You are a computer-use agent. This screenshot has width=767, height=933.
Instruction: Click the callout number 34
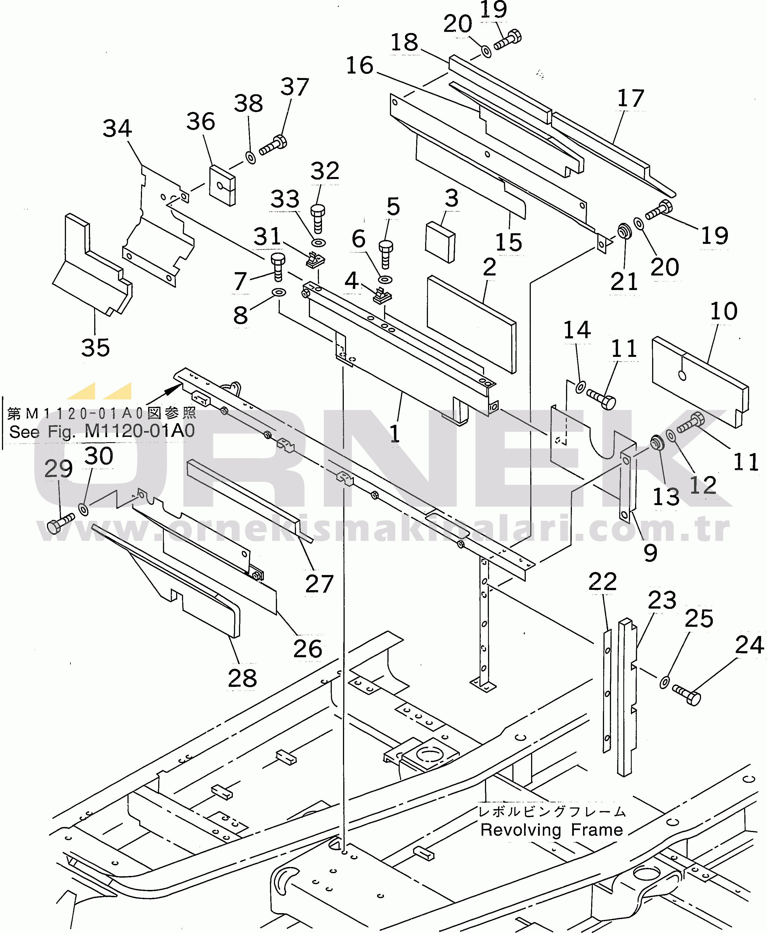point(117,129)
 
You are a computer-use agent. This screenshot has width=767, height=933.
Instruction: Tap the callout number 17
point(631,98)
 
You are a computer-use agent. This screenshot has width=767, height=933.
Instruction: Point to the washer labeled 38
point(250,158)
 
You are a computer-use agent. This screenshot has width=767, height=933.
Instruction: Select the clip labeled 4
point(382,295)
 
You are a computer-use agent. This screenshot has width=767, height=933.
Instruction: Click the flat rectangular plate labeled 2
point(472,324)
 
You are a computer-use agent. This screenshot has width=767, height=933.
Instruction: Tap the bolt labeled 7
point(278,267)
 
